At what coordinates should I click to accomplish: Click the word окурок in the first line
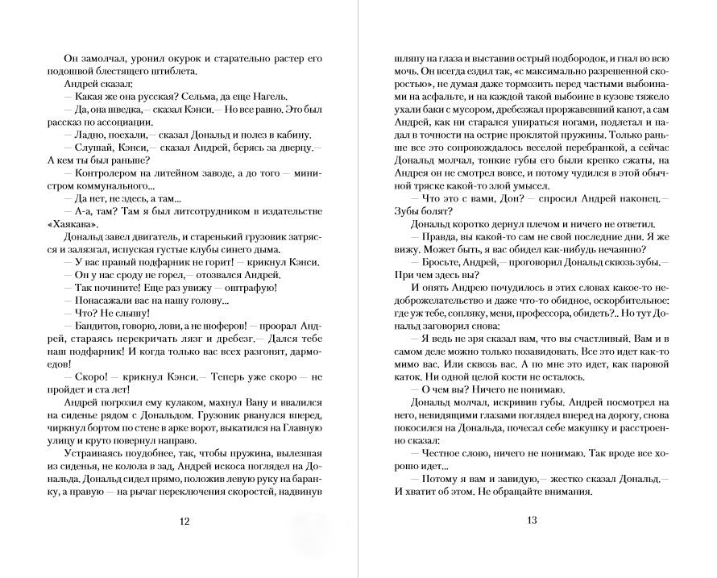coord(173,59)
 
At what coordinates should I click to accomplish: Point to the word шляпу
coord(403,59)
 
